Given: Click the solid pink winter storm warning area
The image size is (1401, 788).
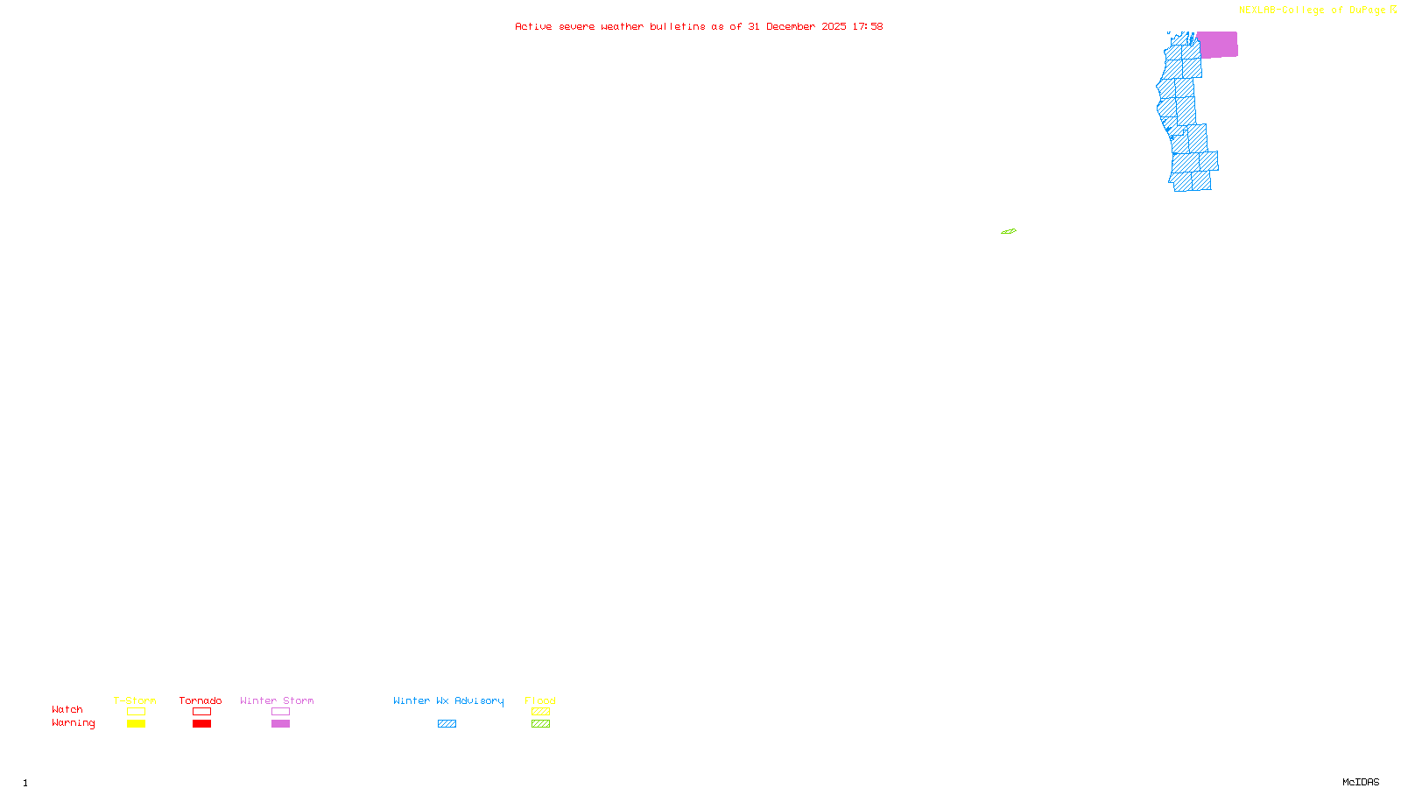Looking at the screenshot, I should coord(1217,45).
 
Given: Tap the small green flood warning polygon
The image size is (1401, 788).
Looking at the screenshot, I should coord(1009,231).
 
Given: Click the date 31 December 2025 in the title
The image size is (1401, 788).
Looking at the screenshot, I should coord(797,26).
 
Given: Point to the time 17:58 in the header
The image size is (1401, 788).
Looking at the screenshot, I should coord(868,26).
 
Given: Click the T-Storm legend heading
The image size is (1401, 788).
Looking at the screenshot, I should coord(135,700).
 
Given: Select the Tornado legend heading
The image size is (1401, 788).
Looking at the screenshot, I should coord(201,700).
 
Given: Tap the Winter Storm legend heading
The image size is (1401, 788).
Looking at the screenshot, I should coord(277,700).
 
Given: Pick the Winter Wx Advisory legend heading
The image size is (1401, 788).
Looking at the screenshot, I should coord(448,700).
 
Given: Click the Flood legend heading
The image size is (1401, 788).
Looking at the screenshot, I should coord(540,700).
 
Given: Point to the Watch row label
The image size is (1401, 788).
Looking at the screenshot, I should coord(67,709).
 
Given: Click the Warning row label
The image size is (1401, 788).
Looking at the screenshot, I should coord(73,723).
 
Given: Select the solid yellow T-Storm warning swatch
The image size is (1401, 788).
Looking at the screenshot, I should coord(136,724).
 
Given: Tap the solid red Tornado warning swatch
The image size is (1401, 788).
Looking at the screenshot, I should coord(202,724).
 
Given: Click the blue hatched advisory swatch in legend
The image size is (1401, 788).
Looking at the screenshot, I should coord(447,724).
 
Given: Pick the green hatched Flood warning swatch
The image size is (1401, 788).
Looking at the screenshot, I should coord(541,724).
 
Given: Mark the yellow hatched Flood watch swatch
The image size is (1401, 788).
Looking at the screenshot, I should coord(541,712).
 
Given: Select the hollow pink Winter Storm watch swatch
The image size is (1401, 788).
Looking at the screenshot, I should coord(280,712).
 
